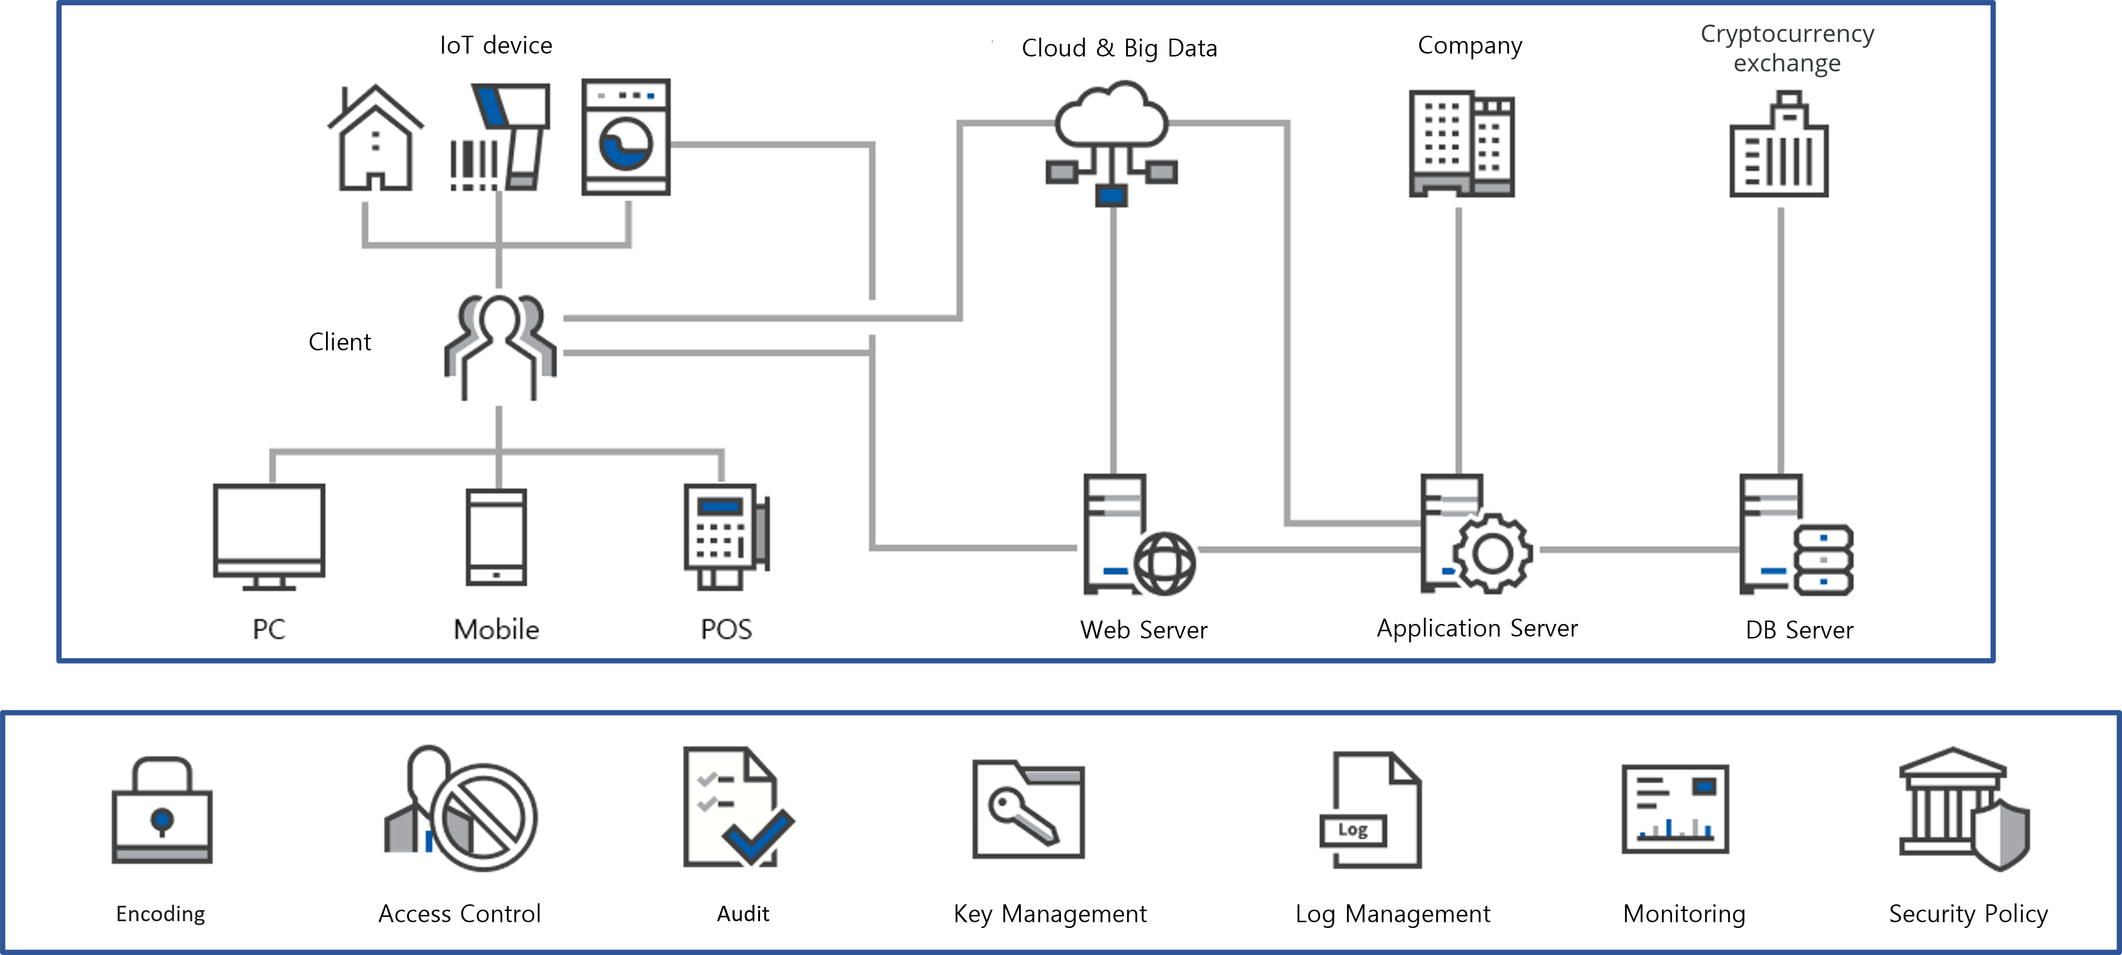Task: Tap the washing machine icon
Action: tap(626, 137)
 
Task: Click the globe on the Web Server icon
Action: tap(1165, 564)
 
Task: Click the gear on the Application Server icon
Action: tap(1492, 554)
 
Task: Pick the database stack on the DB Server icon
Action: tap(1824, 560)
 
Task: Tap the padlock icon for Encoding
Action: tap(162, 810)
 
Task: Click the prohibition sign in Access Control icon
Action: tap(484, 817)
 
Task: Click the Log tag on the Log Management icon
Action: tap(1353, 830)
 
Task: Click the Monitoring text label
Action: tap(1684, 914)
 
